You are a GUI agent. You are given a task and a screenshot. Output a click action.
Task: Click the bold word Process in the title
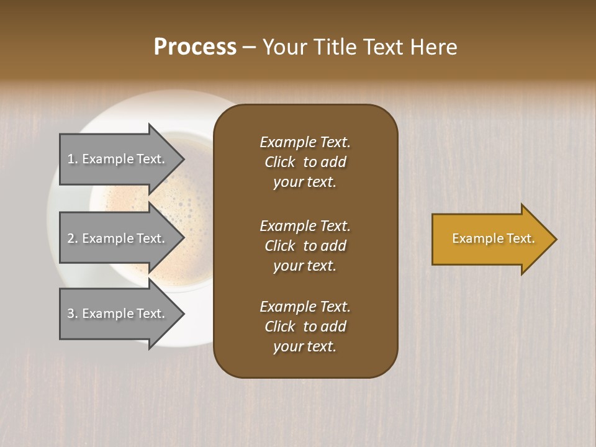195,47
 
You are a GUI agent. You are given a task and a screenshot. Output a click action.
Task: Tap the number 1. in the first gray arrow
73,159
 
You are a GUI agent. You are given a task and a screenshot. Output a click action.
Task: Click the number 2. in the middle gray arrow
73,238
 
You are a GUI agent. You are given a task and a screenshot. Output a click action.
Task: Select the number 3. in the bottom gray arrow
73,314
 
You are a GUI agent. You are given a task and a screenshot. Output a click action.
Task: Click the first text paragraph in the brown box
305,162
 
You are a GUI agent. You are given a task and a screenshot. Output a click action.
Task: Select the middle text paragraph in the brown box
305,246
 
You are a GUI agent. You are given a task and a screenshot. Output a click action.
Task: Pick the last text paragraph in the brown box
305,327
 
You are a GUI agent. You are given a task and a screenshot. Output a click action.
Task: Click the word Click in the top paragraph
280,162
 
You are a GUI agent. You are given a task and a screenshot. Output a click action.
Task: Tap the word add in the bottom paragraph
334,327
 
